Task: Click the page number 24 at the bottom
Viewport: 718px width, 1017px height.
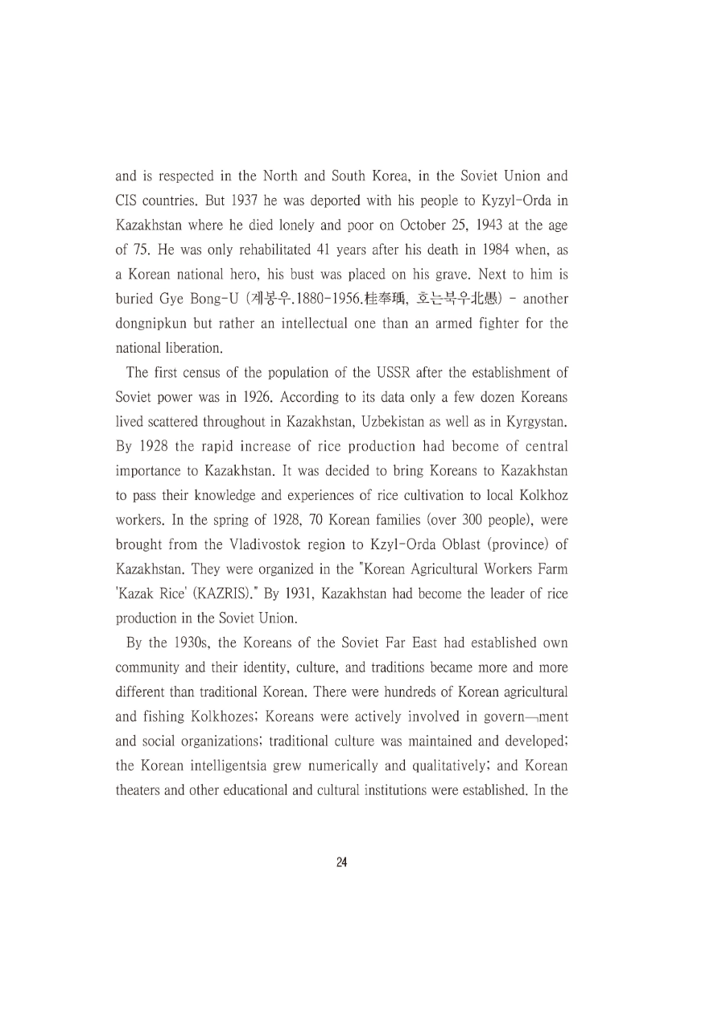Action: coord(341,862)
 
